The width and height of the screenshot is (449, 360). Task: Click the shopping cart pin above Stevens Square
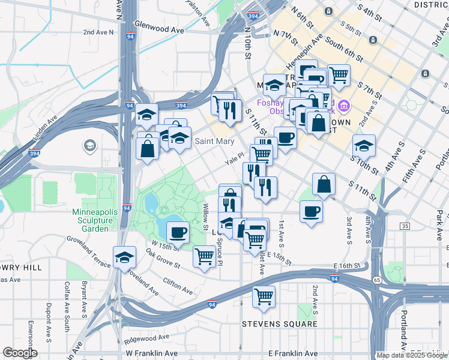[x=264, y=296]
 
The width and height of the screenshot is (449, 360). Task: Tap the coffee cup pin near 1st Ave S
[x=311, y=211]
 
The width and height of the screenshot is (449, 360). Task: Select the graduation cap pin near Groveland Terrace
[x=124, y=257]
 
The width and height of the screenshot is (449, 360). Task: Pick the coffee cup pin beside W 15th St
[x=177, y=232]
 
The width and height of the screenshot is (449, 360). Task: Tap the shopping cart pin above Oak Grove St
[x=205, y=256]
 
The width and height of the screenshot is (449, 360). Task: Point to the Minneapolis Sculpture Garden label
[x=92, y=220]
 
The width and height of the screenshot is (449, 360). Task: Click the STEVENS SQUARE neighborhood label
[x=279, y=324]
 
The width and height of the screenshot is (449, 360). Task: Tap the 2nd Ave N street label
[x=99, y=32]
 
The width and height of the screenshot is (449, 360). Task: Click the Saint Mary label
[x=214, y=142]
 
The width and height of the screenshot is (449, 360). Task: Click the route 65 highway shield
[x=376, y=280]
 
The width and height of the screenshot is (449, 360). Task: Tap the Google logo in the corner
[x=20, y=352]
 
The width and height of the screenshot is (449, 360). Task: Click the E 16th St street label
[x=347, y=265]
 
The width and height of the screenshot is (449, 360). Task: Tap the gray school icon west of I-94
[x=90, y=145]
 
